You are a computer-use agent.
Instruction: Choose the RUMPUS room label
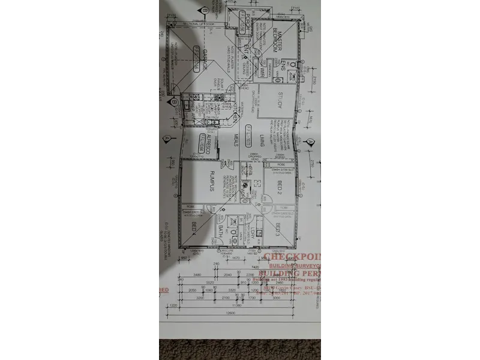[212, 181]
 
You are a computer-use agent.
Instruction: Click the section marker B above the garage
[205, 10]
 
